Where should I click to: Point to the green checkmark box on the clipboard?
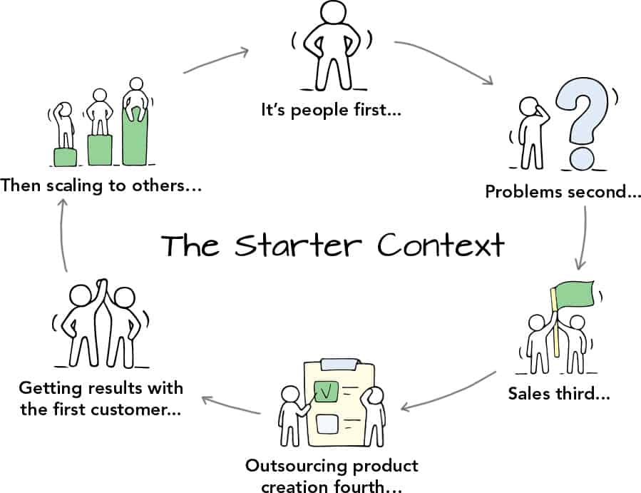[327, 392]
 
